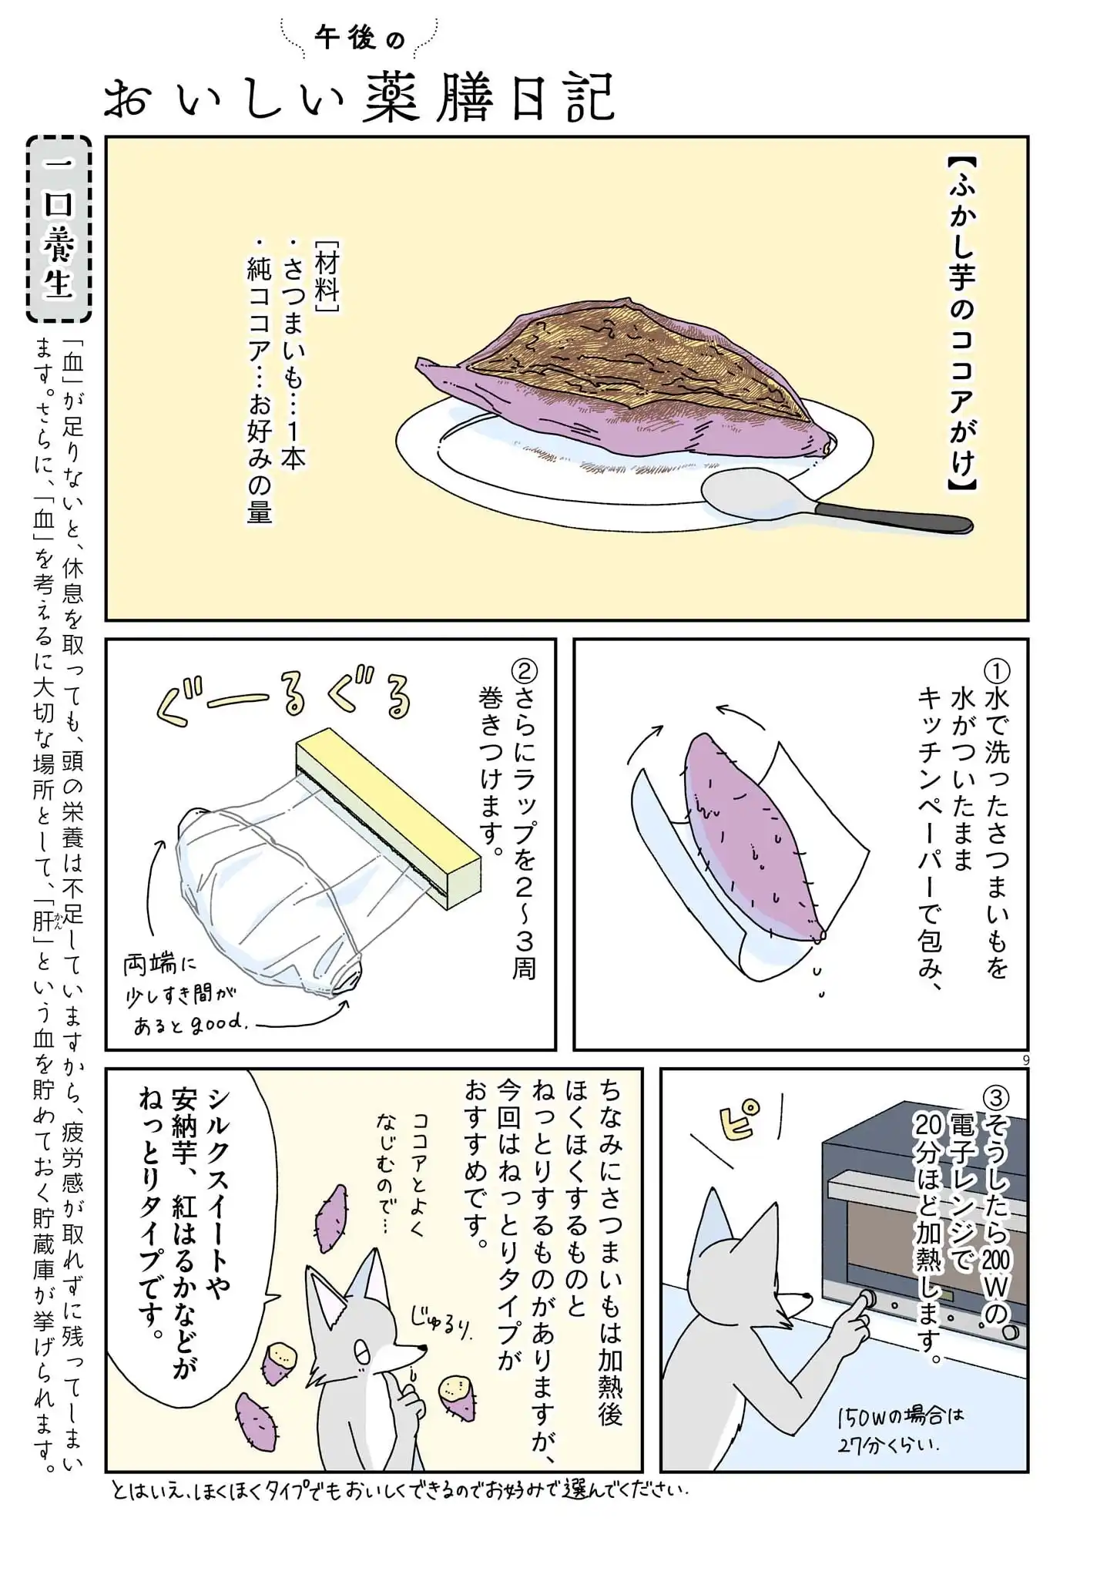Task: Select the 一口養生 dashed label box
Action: click(x=59, y=229)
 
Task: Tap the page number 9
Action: click(x=1025, y=1060)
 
